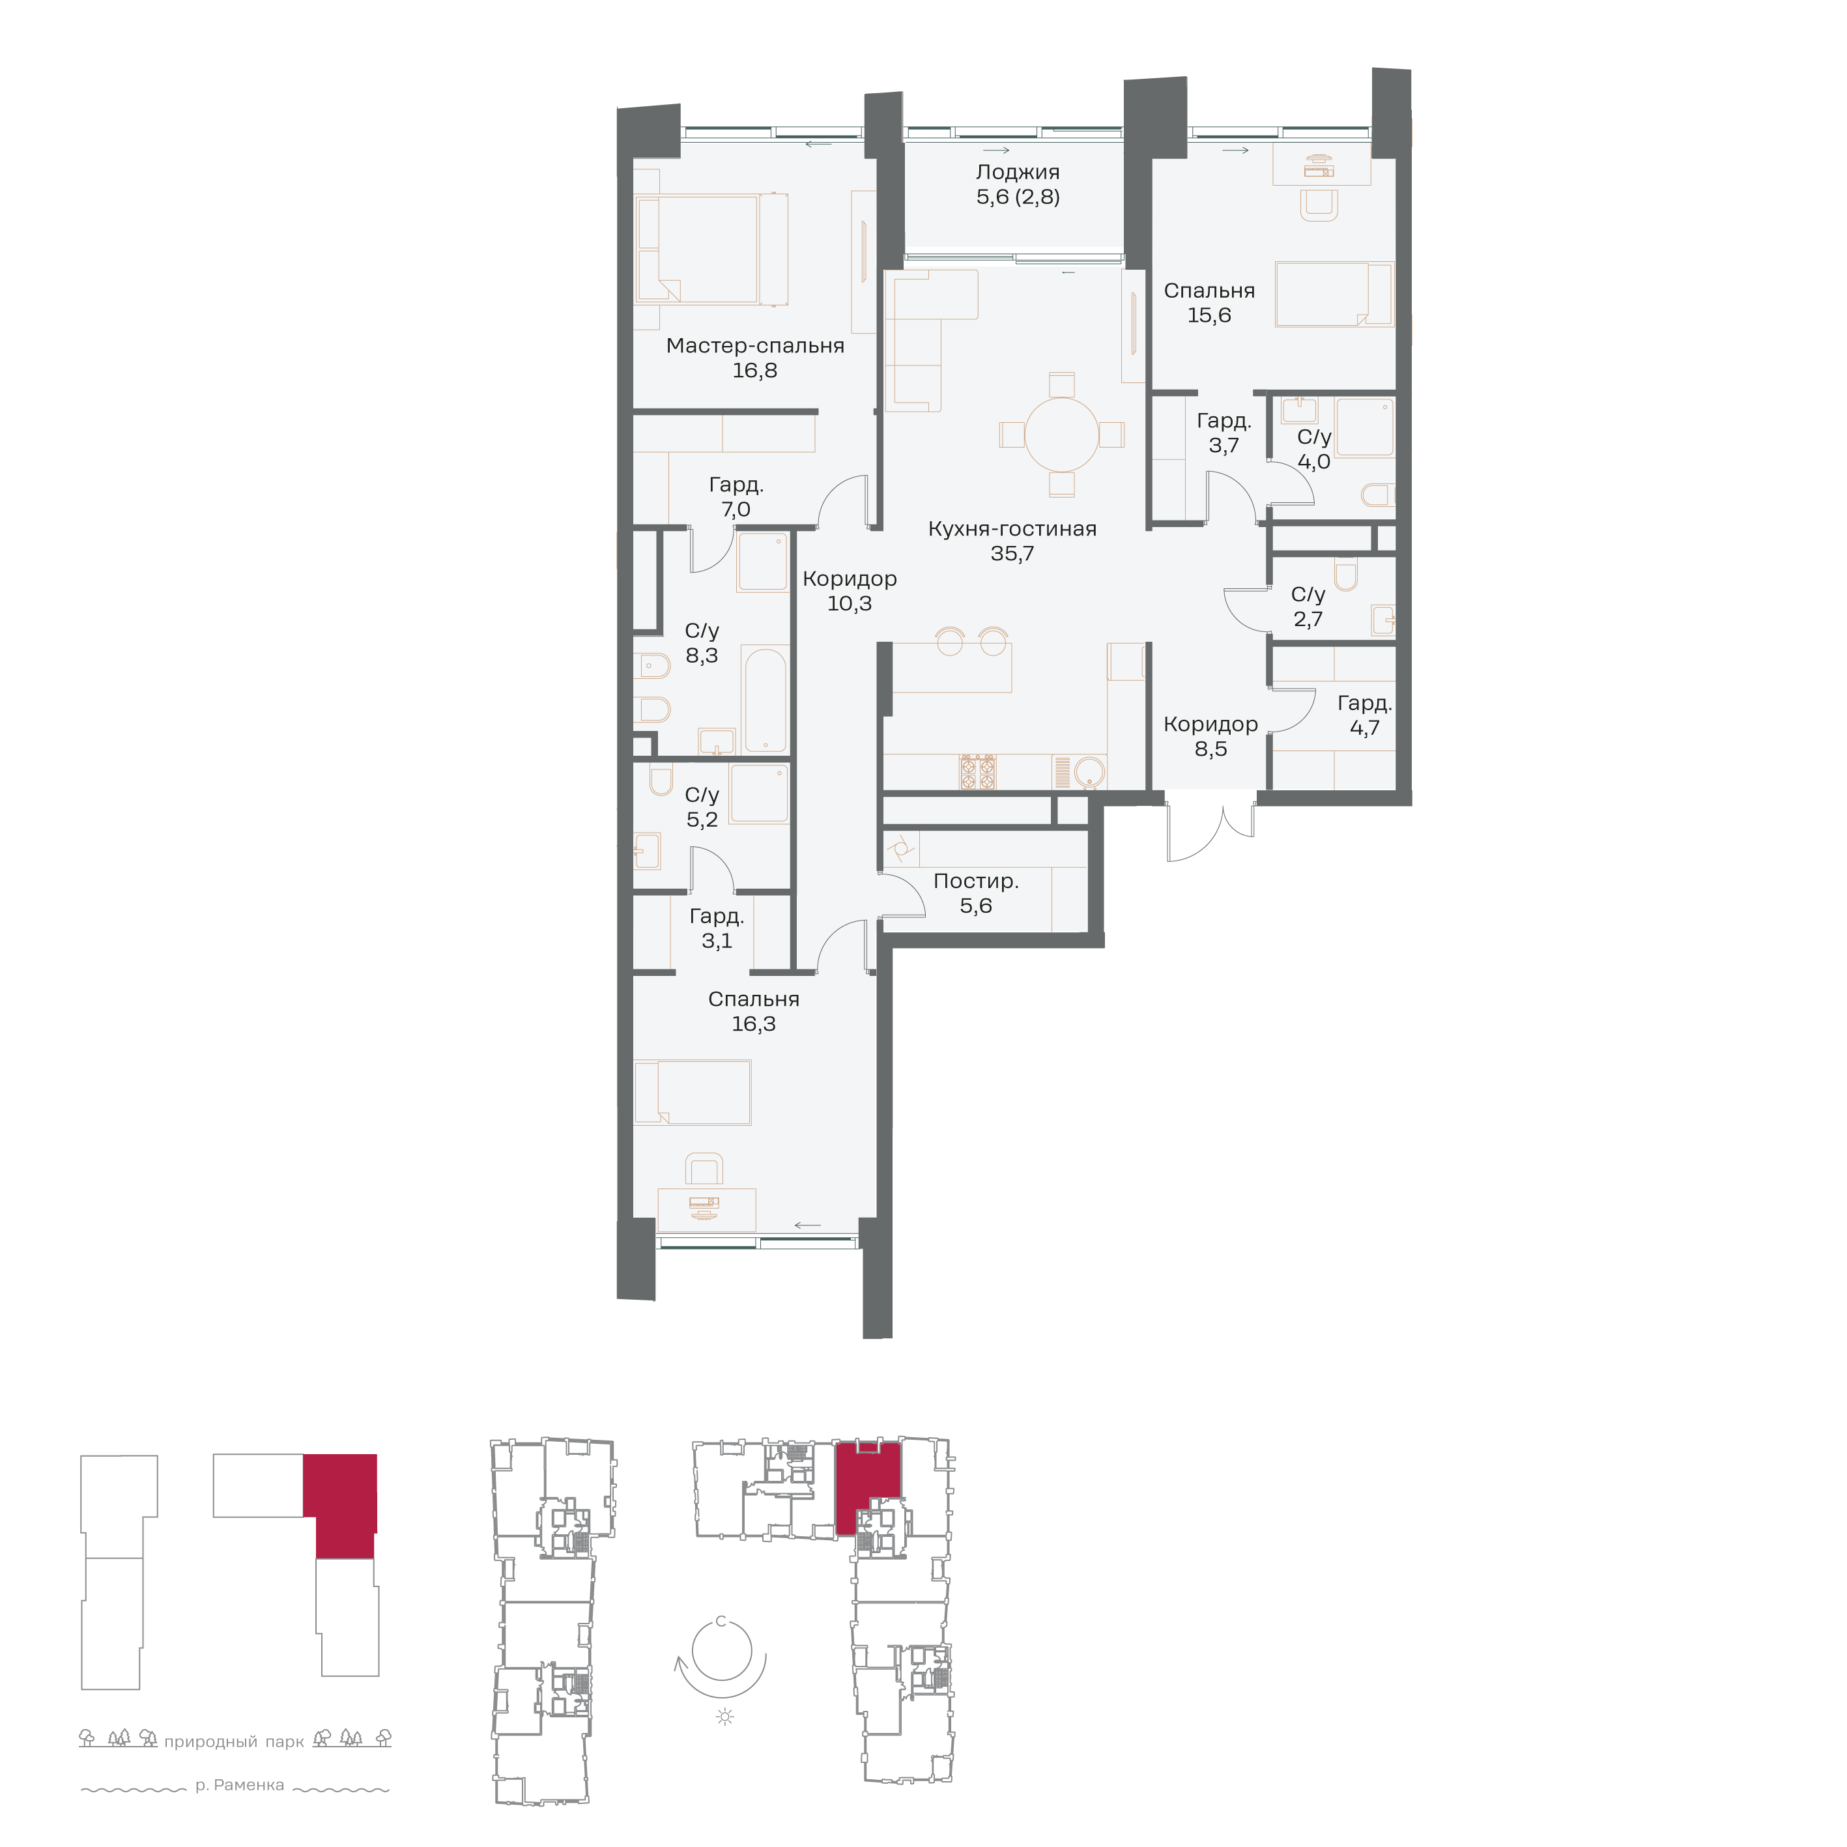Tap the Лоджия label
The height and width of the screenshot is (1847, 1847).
coord(1017,172)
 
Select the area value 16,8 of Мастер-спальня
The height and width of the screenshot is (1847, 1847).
coord(754,371)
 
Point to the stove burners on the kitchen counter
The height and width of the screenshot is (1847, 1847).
coord(978,771)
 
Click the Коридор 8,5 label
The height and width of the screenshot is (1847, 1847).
coord(1210,737)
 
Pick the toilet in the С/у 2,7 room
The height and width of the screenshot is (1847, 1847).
coord(1346,575)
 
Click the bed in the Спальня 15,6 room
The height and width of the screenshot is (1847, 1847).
coord(1334,294)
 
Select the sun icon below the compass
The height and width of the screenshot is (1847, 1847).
coord(724,1717)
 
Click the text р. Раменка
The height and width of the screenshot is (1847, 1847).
coord(240,1785)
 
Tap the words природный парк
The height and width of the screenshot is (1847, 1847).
coord(235,1742)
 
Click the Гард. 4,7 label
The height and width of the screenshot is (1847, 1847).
coord(1364,715)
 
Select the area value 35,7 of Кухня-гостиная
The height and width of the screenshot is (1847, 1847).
coord(1012,554)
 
